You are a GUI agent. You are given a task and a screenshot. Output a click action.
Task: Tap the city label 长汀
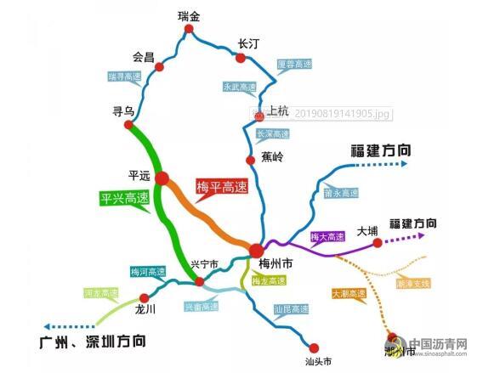248,42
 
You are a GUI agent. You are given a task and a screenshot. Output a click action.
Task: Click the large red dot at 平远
162,178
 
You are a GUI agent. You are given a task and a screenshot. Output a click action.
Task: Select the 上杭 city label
278,110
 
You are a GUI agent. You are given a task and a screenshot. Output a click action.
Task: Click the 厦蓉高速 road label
294,64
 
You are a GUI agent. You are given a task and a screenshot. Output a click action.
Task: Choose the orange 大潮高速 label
349,294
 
